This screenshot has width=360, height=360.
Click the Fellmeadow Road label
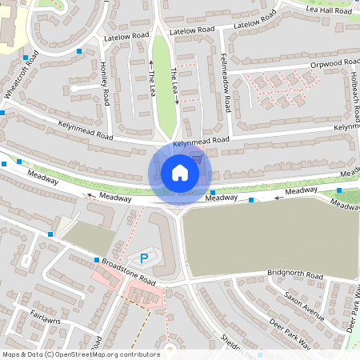coord(226,84)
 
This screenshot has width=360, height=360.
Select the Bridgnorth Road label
coord(293,274)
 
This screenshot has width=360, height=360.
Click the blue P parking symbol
coord(144,258)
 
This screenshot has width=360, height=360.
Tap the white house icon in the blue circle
coord(180,172)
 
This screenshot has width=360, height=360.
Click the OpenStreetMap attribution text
coord(81,354)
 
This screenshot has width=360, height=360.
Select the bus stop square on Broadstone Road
coord(97,260)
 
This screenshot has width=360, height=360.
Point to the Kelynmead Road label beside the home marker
coord(201,141)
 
